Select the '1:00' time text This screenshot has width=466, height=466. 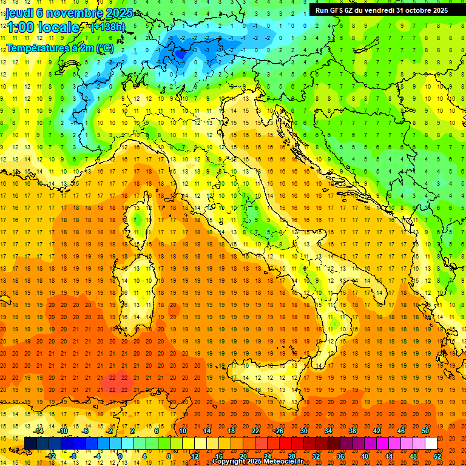[x=19, y=27]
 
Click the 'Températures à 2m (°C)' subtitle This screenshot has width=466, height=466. [x=60, y=48]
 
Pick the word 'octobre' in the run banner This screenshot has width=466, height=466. [x=417, y=10]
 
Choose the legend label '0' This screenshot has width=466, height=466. [x=121, y=456]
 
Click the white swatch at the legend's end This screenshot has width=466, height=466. [x=431, y=444]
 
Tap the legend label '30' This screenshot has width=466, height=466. [x=303, y=431]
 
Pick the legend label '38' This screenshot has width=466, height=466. [x=352, y=431]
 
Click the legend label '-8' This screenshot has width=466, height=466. [x=73, y=456]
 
